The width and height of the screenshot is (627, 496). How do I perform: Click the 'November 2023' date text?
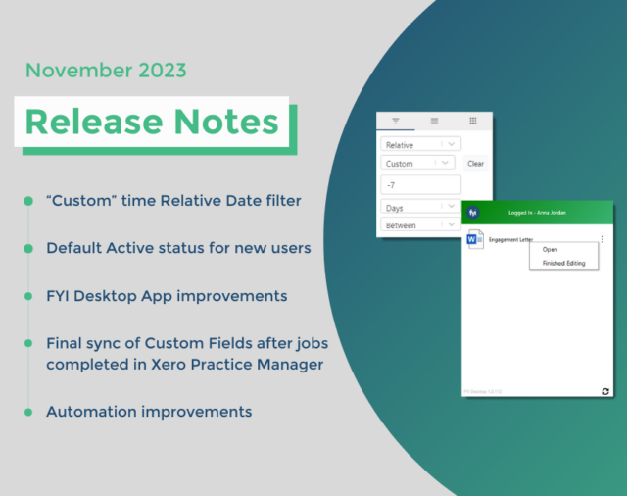(x=105, y=71)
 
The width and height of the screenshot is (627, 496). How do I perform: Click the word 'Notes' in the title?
(x=230, y=122)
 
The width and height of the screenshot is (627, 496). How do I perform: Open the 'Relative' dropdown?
(x=418, y=144)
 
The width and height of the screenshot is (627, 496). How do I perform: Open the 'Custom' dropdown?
(x=417, y=164)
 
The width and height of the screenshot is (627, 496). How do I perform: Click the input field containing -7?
(x=419, y=185)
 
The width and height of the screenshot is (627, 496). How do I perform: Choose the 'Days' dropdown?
(x=418, y=207)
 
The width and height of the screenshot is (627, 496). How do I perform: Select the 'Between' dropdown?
(x=418, y=225)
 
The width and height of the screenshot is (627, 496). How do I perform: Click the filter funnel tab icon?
(x=396, y=121)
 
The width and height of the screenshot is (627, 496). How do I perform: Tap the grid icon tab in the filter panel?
(x=472, y=121)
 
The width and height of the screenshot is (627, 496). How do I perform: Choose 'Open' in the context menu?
(x=550, y=249)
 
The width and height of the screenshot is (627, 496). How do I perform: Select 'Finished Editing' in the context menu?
(x=563, y=263)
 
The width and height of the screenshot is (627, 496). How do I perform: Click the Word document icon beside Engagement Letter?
(x=474, y=238)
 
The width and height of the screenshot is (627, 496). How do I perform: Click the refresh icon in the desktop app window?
(x=604, y=391)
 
